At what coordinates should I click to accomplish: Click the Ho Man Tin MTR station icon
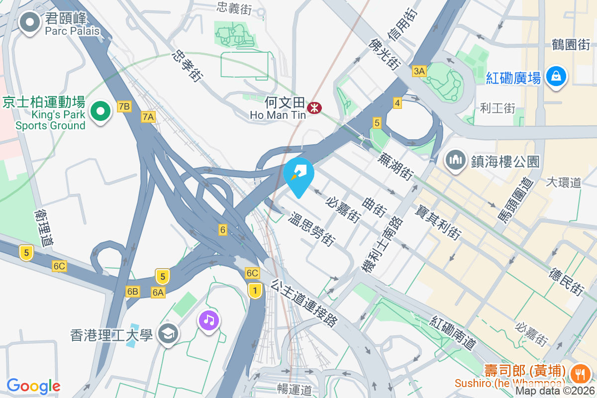pyautogui.click(x=314, y=107)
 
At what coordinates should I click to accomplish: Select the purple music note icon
pyautogui.click(x=209, y=319)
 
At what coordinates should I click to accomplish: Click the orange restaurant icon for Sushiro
pyautogui.click(x=580, y=373)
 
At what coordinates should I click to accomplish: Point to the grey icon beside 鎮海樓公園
pyautogui.click(x=455, y=161)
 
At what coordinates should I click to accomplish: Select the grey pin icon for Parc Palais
pyautogui.click(x=30, y=22)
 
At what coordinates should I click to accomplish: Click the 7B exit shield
pyautogui.click(x=124, y=106)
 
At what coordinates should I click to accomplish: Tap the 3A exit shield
pyautogui.click(x=419, y=72)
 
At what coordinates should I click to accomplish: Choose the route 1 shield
pyautogui.click(x=255, y=290)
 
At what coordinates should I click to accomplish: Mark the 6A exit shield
pyautogui.click(x=158, y=292)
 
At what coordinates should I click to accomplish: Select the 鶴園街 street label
pyautogui.click(x=571, y=45)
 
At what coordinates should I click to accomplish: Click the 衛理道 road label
pyautogui.click(x=43, y=227)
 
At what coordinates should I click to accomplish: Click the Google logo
pyautogui.click(x=33, y=386)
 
